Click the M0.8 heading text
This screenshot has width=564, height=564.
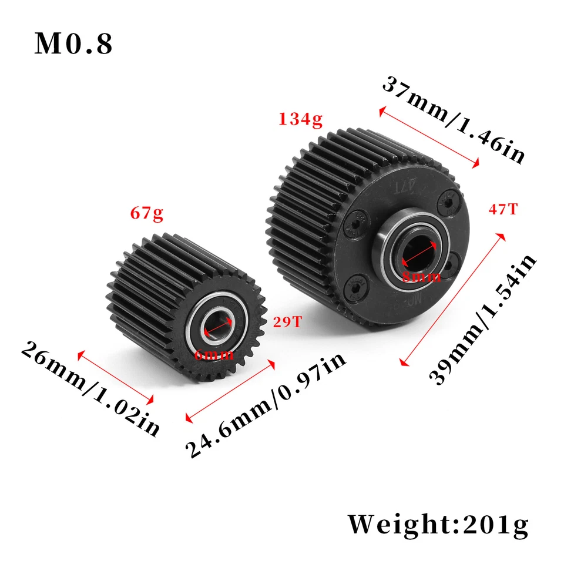(x=73, y=44)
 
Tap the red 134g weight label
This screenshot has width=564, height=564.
(x=301, y=120)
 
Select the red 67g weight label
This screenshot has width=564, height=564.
(x=147, y=214)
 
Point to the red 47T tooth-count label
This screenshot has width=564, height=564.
(x=503, y=209)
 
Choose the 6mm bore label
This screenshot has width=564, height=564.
(x=213, y=354)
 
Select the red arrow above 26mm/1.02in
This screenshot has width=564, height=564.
(x=116, y=378)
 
